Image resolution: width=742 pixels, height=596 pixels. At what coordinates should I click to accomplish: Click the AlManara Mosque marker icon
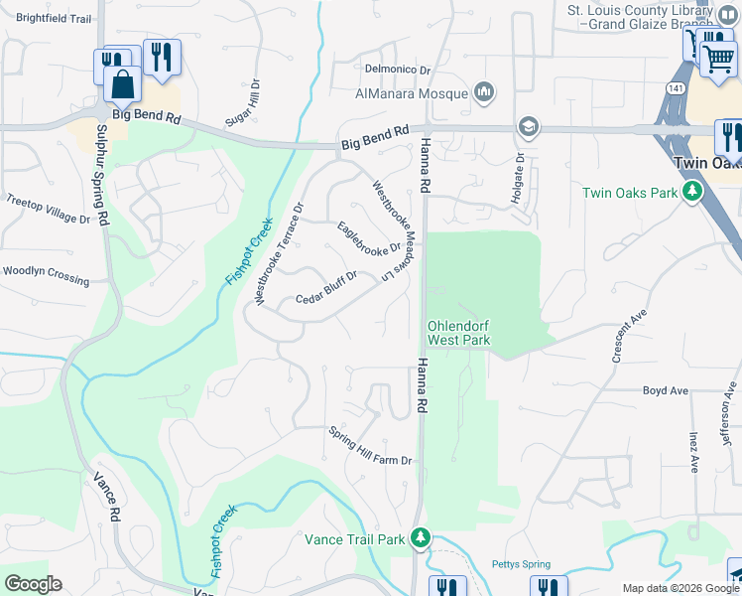coord(484,92)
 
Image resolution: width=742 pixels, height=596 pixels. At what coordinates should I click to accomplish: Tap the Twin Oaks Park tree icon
coord(693,192)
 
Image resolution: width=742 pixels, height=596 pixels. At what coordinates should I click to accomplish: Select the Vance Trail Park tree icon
coord(422,538)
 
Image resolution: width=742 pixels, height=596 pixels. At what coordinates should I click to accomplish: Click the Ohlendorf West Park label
coord(458,333)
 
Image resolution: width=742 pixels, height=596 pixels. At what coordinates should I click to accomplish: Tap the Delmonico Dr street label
coord(397,70)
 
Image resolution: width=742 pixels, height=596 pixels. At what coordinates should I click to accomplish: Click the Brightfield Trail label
coord(54,19)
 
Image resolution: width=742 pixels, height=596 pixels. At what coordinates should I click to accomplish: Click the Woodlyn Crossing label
coord(46,274)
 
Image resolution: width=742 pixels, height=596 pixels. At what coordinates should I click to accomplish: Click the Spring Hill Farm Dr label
coord(370,445)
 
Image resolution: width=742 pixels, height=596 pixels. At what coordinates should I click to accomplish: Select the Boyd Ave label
coord(665,391)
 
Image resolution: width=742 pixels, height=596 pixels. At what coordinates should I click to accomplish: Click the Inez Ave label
coord(693,451)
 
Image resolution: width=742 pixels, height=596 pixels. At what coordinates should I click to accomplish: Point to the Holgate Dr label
coord(517,180)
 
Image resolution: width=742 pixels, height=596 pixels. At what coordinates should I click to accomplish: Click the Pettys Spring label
coord(521,564)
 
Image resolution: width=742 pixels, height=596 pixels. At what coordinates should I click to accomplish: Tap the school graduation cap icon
coord(528,126)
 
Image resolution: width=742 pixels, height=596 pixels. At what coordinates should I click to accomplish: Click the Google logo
coord(33,584)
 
